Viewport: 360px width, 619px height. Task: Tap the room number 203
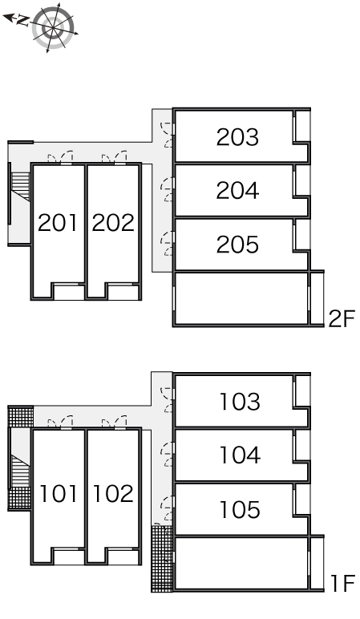tap(237, 137)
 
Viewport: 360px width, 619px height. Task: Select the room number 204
tap(237, 191)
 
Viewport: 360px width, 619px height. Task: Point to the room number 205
tap(237, 245)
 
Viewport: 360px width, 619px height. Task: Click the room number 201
tap(58, 222)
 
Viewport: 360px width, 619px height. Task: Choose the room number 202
tap(113, 222)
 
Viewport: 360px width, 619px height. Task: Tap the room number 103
tap(240, 402)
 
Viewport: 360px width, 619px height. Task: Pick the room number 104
tap(240, 455)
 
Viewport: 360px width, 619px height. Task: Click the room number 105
tap(240, 509)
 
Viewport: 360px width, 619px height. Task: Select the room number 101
tap(59, 492)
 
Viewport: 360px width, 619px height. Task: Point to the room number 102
tap(113, 492)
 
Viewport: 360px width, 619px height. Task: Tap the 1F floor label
tap(340, 584)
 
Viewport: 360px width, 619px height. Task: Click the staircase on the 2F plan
tap(20, 192)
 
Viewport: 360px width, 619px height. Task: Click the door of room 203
tap(168, 135)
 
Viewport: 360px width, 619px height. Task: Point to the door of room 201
tap(59, 157)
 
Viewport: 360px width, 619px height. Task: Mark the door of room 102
tap(113, 422)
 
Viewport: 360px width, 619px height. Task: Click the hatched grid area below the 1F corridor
tap(161, 558)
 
